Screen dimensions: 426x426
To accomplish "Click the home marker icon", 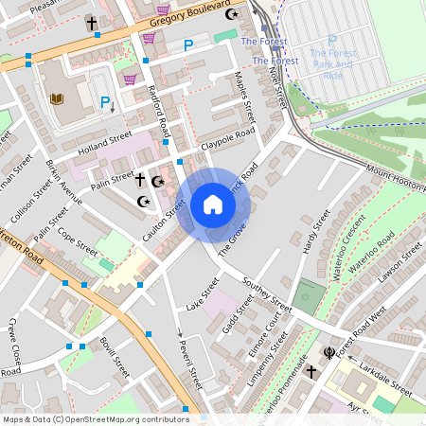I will [213, 204].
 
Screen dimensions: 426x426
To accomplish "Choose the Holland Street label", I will [104, 141].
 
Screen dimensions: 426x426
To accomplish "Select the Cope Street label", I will [78, 242].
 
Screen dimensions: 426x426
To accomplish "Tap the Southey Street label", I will [266, 294].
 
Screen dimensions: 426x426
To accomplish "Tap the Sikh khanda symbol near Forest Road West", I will [329, 353].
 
